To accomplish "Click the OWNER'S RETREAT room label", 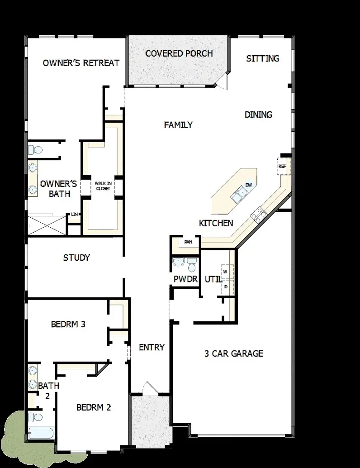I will click(81, 63).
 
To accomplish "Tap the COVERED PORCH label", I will click(179, 53).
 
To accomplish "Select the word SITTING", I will click(263, 58).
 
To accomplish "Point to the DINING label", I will click(258, 115).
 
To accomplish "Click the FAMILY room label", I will click(178, 125).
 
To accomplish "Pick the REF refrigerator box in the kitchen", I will click(282, 166).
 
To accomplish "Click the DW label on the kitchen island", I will click(248, 185).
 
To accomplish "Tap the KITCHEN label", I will click(216, 223).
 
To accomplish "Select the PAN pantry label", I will click(187, 242).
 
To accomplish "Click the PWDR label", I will click(186, 279).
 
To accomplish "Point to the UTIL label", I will click(213, 279).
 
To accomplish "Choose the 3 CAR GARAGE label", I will click(234, 353).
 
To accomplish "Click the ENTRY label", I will click(152, 347).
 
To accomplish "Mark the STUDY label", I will click(76, 258).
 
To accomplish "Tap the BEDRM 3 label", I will click(68, 324).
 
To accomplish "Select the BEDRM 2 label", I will click(94, 407).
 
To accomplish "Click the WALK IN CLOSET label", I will click(102, 186).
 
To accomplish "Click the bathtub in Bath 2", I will click(41, 433).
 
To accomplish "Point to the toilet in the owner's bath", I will click(35, 149).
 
